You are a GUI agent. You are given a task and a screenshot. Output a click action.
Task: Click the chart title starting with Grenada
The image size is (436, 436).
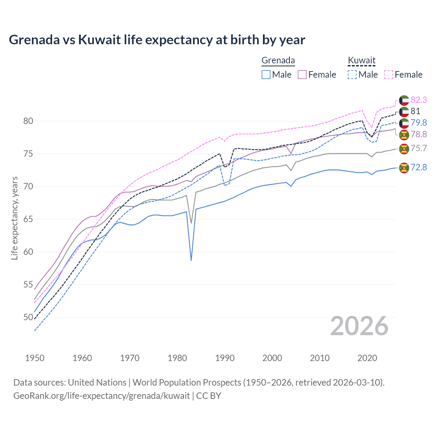pos(157,40)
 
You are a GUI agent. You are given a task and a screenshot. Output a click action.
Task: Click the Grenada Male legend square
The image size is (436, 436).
pos(266,75)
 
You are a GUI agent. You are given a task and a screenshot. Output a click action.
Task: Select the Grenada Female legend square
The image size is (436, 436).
pos(302,75)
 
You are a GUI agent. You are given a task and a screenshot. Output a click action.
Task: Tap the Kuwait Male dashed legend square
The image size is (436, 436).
pos(352,75)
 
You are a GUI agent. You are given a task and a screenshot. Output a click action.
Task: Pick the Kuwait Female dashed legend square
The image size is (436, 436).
pos(389,75)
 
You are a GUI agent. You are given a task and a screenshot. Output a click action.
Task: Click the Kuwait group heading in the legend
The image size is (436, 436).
pos(361,61)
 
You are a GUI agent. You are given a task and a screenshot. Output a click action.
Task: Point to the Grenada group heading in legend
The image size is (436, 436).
pos(278,61)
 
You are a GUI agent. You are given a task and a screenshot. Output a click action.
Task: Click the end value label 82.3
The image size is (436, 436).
pos(419,100)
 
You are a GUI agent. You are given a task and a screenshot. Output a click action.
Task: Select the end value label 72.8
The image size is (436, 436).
pos(419,167)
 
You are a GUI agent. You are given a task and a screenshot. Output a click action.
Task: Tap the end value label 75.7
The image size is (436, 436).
pos(419,148)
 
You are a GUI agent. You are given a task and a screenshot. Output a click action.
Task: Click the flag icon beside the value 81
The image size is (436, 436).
pos(404,112)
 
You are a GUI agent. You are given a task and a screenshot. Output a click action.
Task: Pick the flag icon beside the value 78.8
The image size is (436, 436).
pos(404,135)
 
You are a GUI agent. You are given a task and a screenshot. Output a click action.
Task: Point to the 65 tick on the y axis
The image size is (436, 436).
pos(28,219)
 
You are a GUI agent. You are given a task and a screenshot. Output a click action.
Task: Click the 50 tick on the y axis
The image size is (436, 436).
pos(28,317)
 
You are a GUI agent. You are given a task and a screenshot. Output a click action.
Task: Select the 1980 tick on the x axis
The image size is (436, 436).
pos(177,358)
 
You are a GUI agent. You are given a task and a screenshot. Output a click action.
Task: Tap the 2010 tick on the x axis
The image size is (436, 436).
pos(320,358)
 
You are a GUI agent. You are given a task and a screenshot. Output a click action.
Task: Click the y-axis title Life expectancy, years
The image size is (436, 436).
pos(14,218)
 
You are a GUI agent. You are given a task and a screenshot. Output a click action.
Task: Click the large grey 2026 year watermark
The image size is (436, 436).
pos(359,326)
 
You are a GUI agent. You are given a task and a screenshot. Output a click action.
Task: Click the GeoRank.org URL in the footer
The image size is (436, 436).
pos(102,396)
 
